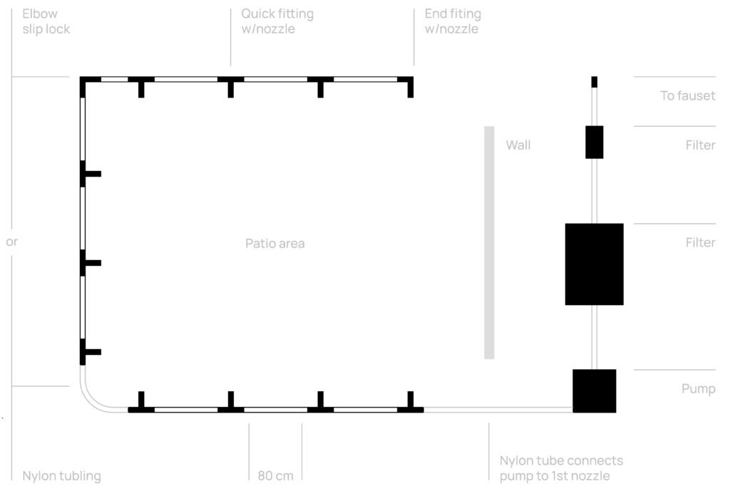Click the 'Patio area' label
coord(274,244)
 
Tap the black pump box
coord(594,391)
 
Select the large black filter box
coord(594,264)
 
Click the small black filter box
coord(594,142)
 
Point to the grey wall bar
coord(489,242)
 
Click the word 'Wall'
coord(518,145)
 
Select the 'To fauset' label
coord(687,95)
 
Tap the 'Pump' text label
coord(698,389)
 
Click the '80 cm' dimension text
coord(275,475)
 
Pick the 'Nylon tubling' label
coord(61,475)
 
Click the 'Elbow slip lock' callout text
coord(46,21)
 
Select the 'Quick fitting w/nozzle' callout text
coord(277,21)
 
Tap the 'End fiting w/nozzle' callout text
coord(453,21)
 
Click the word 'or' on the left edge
coord(11,242)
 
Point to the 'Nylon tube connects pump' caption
coord(561,468)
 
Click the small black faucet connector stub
coord(594,82)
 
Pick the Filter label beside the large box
coord(700,243)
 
